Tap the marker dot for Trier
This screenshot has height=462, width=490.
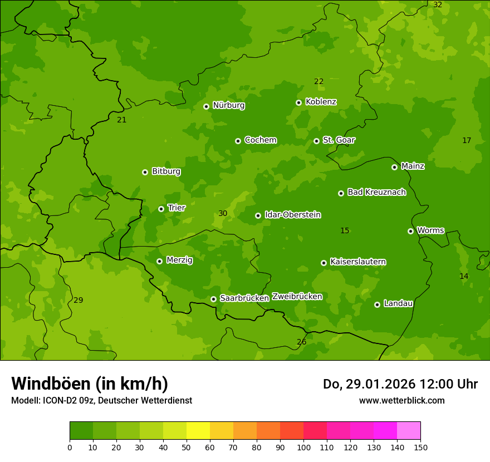click(x=161, y=209)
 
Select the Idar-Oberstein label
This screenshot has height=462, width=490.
click(x=292, y=215)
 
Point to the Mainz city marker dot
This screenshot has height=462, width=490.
click(x=394, y=167)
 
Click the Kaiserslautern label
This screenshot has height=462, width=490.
click(x=358, y=262)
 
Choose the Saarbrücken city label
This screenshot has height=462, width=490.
click(x=244, y=298)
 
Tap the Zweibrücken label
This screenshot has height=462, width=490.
click(x=297, y=297)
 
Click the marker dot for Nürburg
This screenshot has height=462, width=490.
click(x=206, y=106)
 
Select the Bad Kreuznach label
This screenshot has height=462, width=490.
click(x=376, y=192)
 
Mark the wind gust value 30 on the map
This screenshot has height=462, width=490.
click(x=223, y=214)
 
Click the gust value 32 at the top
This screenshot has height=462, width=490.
click(x=438, y=5)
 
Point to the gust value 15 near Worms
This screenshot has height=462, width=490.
click(x=345, y=231)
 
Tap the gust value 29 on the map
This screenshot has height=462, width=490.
click(x=79, y=301)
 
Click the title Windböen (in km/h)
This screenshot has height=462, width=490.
click(x=90, y=384)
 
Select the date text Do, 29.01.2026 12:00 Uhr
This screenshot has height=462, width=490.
click(x=400, y=384)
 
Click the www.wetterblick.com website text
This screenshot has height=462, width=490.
click(x=401, y=401)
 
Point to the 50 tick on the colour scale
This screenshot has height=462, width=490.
click(x=187, y=447)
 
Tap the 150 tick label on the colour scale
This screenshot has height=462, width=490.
click(x=420, y=447)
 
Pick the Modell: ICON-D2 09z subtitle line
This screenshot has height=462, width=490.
click(x=101, y=401)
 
